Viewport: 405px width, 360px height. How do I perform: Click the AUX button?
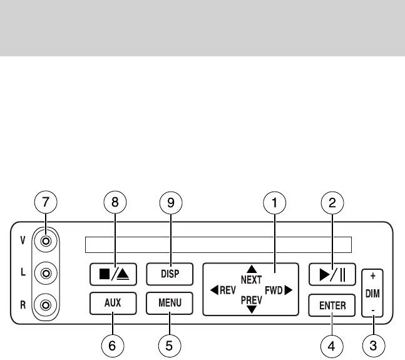113,304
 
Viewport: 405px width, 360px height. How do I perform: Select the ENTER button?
332,306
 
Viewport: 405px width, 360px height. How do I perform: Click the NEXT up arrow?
252,269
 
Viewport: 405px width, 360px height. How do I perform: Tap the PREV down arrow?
252,309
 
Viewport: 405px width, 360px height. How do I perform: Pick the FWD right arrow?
289,290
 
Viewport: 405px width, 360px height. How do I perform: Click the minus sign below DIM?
372,311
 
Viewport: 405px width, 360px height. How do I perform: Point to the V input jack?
45,240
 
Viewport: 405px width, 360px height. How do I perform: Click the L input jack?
45,273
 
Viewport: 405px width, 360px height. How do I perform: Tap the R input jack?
45,306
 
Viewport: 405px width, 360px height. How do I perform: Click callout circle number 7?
45,203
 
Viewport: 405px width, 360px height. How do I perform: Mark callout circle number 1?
274,203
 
